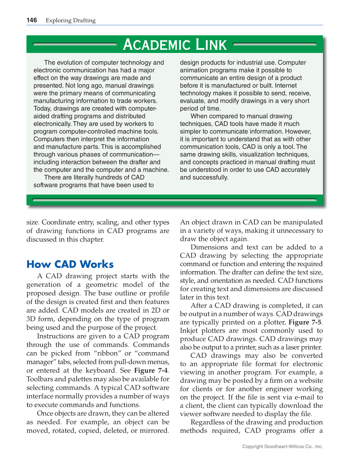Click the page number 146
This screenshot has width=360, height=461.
(x=32, y=20)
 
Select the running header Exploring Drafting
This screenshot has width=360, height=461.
(x=70, y=21)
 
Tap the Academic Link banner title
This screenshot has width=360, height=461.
(x=175, y=45)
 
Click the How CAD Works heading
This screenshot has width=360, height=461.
(x=70, y=264)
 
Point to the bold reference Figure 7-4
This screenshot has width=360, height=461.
(x=151, y=370)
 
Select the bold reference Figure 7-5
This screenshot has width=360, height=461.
(x=305, y=322)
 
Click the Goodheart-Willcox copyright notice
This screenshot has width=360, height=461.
(x=282, y=446)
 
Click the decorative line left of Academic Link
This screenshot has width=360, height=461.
(x=74, y=45)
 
